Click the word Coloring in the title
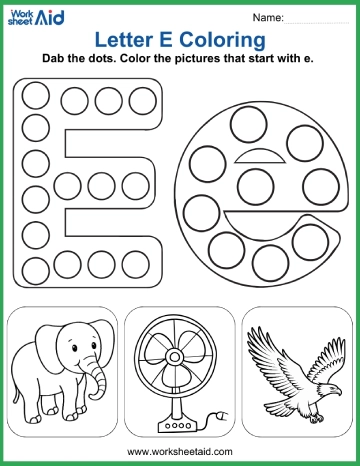coord(221,40)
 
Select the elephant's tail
coord(22,380)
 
